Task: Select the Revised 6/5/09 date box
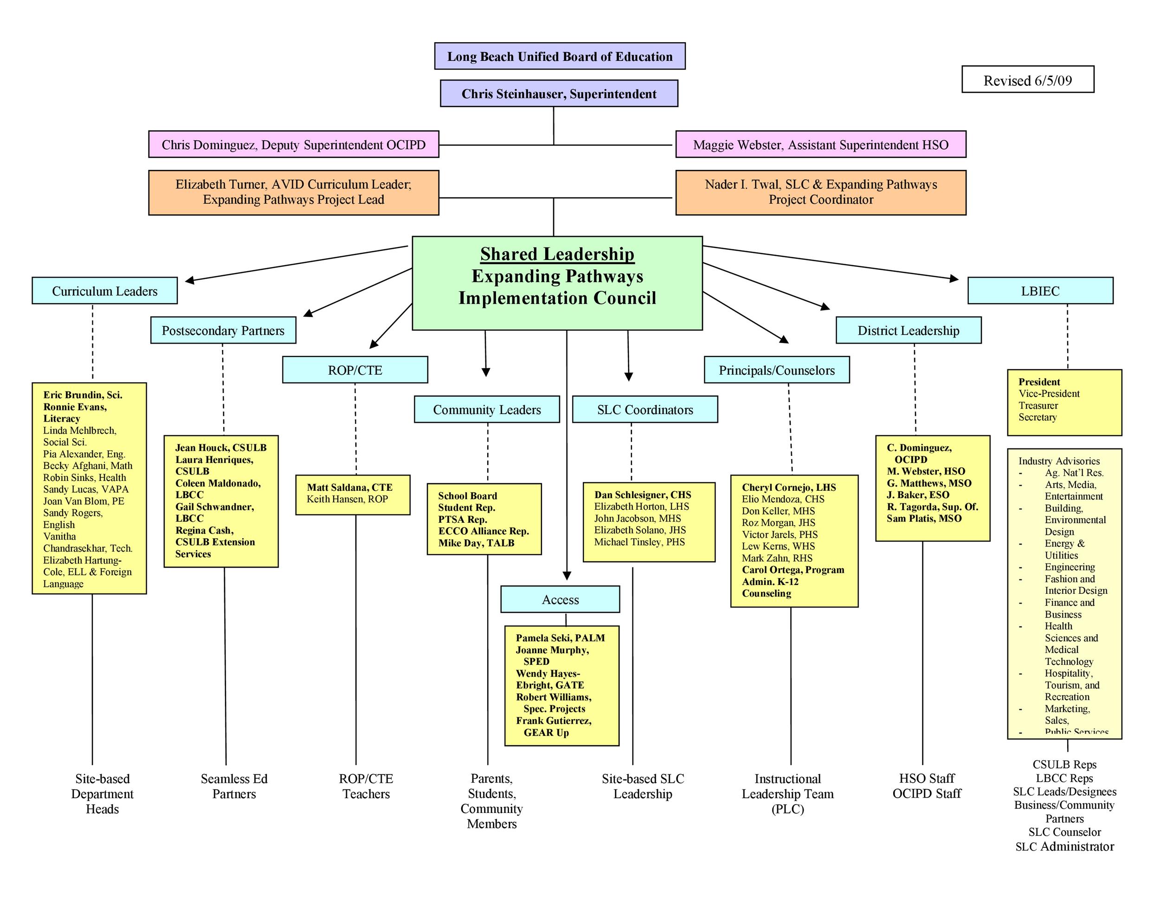(1027, 80)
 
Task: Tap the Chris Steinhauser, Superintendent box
(559, 94)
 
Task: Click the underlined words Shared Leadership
(557, 254)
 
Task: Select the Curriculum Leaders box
(105, 291)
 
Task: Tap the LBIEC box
(1039, 291)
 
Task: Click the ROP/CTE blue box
(355, 370)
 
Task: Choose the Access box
(560, 599)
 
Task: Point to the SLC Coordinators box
(644, 409)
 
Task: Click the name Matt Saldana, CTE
(349, 487)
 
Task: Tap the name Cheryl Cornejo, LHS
(788, 487)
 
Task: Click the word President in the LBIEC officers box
(1038, 382)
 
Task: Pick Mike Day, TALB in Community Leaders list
(476, 543)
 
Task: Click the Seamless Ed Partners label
(234, 786)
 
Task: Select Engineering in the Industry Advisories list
(1069, 566)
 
